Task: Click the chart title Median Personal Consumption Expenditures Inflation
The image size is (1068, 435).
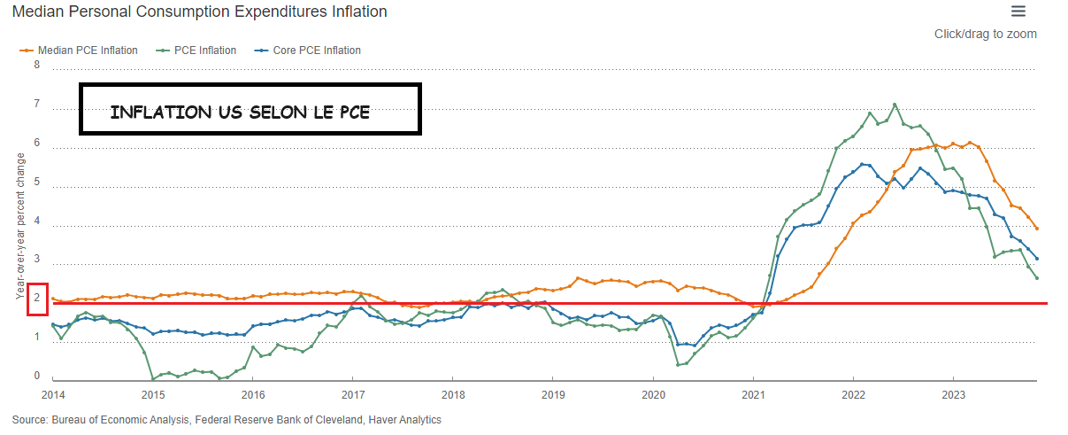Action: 200,12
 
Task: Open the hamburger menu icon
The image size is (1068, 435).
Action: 1018,12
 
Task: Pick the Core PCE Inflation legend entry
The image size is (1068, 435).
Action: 311,50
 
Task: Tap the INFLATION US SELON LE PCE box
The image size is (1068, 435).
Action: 250,110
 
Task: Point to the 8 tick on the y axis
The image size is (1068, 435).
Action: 36,66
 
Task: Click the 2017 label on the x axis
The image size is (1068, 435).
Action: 353,393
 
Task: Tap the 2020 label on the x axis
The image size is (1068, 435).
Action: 653,393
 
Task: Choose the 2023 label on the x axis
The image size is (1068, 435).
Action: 953,393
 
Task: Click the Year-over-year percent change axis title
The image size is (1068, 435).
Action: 20,226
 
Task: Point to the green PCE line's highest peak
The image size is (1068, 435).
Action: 895,105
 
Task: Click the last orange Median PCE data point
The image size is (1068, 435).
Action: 1036,229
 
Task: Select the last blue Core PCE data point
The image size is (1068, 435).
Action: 1036,259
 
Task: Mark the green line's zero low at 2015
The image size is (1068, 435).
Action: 152,378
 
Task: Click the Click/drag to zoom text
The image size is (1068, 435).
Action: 985,34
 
